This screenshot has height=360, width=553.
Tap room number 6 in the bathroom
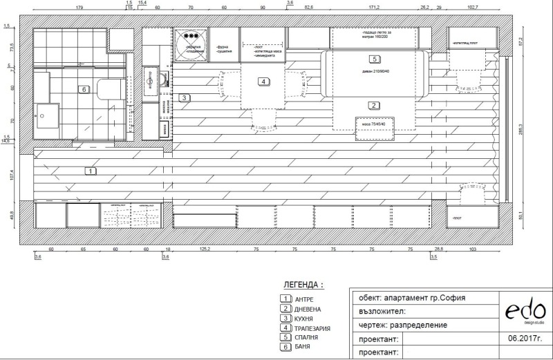coord(84,89)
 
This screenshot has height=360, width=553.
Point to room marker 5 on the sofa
coord(374,59)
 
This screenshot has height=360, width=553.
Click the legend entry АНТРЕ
coord(303,299)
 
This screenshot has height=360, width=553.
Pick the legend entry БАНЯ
coord(302,348)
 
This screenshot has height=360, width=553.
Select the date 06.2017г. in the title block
coord(523,339)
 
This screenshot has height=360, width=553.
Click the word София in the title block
coord(451,299)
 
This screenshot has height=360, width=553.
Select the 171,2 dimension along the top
coord(374,7)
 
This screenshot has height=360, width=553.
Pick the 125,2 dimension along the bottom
coord(204,249)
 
